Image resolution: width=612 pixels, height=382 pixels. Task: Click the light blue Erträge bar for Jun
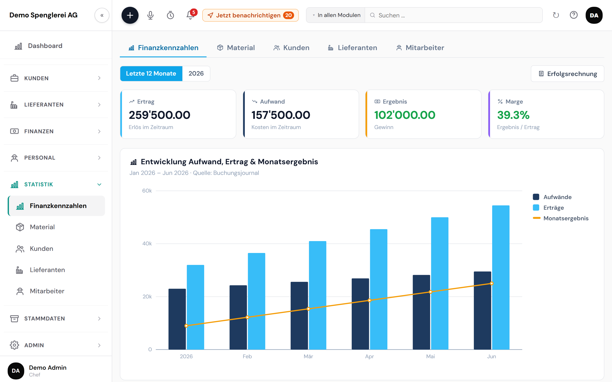(x=500, y=277)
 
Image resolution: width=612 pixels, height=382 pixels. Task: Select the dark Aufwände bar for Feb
(x=238, y=317)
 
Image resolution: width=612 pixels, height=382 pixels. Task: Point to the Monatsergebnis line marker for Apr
(x=370, y=300)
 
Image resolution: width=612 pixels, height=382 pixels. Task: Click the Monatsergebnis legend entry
(x=560, y=218)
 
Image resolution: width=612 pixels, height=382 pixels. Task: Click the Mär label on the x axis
(x=308, y=356)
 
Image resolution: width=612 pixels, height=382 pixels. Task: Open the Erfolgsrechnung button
(x=568, y=74)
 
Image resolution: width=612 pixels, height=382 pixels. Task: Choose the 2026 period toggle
(x=196, y=73)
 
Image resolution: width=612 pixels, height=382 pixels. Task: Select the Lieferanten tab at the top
(x=352, y=48)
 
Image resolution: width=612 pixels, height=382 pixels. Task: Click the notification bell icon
(x=190, y=15)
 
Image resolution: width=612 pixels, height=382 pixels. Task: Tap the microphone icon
(x=150, y=15)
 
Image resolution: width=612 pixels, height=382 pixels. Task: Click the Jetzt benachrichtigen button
(x=250, y=15)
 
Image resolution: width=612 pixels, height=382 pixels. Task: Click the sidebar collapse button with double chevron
(x=102, y=15)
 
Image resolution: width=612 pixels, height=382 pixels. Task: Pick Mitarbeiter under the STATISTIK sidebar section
(x=47, y=291)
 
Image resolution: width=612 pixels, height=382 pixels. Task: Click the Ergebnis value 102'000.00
(x=405, y=115)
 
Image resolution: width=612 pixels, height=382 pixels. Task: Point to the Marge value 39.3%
(x=513, y=115)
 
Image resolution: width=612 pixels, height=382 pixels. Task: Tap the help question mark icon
(x=574, y=15)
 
